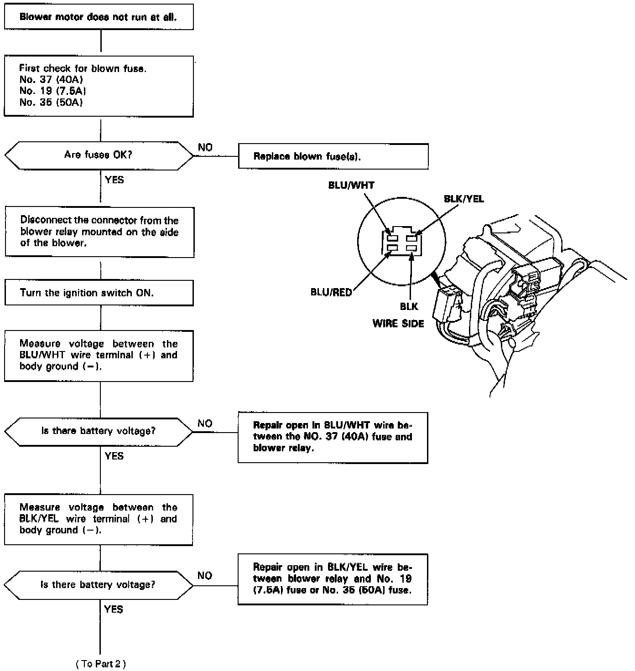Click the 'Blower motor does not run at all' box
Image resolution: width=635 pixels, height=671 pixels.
(x=99, y=17)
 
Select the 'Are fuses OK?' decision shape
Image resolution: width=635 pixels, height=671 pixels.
(x=99, y=155)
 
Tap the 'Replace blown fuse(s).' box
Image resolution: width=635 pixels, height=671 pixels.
(x=333, y=156)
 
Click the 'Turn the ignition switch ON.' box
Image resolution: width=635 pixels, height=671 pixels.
(x=99, y=293)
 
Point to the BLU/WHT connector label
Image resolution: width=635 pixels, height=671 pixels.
(x=351, y=186)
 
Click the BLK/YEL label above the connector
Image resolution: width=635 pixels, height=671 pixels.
(x=463, y=199)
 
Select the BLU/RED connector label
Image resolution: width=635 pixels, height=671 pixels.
(x=331, y=292)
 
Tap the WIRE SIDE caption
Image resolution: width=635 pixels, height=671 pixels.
(x=398, y=324)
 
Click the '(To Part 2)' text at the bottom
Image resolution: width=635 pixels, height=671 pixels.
(x=100, y=664)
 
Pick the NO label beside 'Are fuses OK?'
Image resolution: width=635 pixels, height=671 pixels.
(x=205, y=147)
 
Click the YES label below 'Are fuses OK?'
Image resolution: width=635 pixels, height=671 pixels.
(x=114, y=180)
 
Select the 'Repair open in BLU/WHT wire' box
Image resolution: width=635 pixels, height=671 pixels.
(x=333, y=437)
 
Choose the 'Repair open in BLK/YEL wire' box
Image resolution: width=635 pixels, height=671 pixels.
(x=333, y=579)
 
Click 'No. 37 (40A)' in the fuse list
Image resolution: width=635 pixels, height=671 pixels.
(x=51, y=80)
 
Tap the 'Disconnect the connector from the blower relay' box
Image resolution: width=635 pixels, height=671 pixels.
(x=99, y=232)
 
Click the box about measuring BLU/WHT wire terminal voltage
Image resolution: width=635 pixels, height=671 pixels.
(x=99, y=356)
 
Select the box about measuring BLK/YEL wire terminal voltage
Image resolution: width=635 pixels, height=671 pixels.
(x=99, y=519)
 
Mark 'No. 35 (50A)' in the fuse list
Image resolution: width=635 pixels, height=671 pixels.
(x=51, y=103)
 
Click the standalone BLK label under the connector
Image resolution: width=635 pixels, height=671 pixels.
(x=409, y=307)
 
